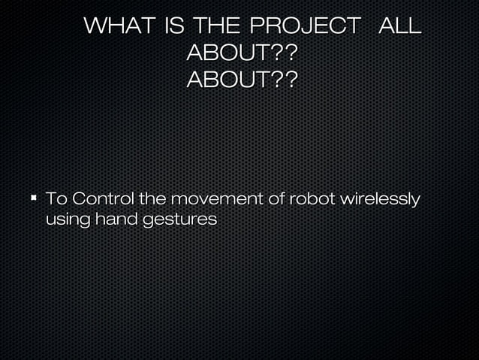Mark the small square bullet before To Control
(x=34, y=199)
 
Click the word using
(x=67, y=220)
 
